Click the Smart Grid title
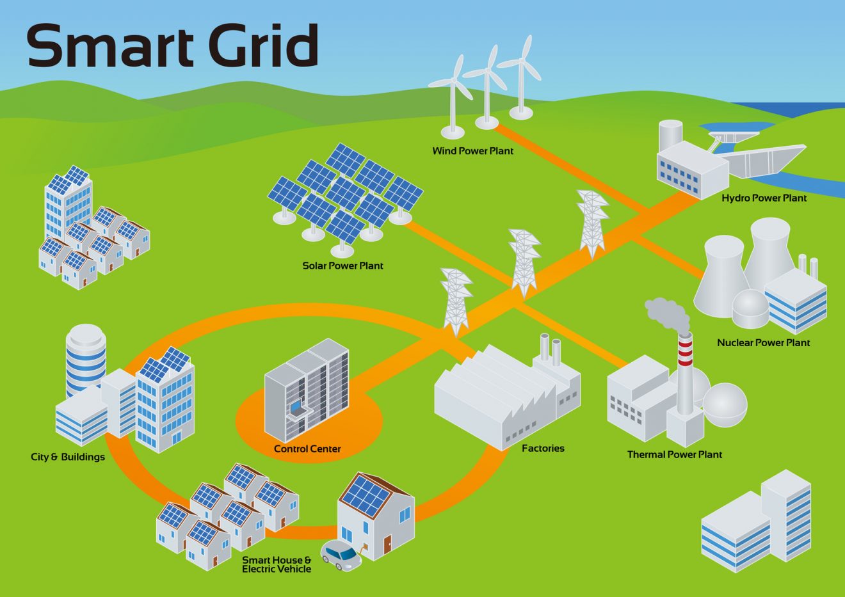173,46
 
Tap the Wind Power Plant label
472,151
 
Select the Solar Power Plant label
342,266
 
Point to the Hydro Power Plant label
764,198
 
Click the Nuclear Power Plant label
763,343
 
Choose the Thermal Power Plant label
674,455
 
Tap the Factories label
543,449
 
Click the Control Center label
307,449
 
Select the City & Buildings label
68,457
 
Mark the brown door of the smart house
387,544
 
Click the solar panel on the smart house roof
364,496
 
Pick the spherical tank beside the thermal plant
725,404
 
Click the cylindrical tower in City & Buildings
85,358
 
